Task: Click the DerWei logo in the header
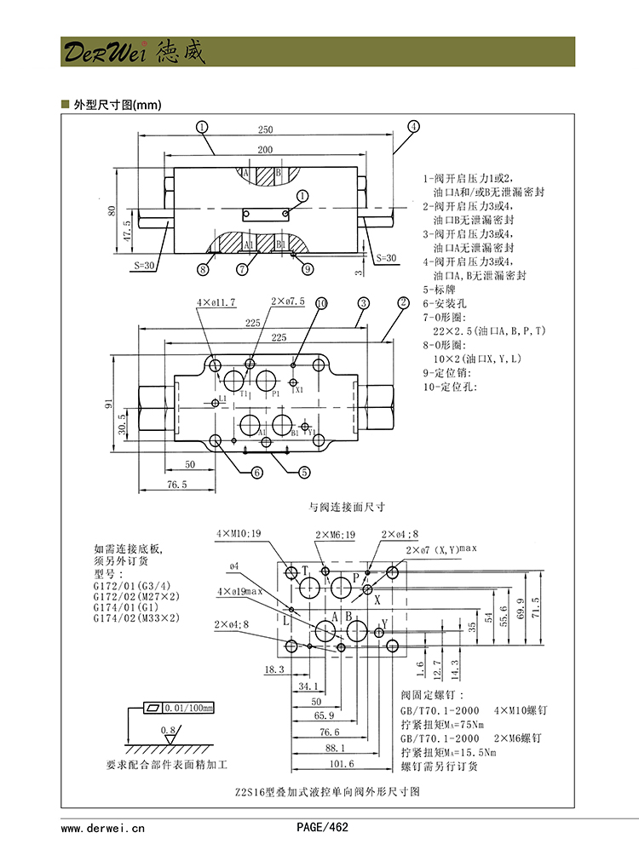coord(132,53)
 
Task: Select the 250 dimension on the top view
coord(265,129)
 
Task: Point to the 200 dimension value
coord(265,150)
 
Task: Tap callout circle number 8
coord(203,269)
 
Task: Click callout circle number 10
coord(321,303)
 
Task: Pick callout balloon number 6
coord(256,472)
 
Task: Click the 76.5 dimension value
coord(176,484)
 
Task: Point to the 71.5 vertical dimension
coord(535,611)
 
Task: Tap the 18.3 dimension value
coord(274,670)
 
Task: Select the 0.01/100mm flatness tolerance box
coord(179,708)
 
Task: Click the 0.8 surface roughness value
coord(168,730)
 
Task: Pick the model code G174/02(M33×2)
coord(136,619)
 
